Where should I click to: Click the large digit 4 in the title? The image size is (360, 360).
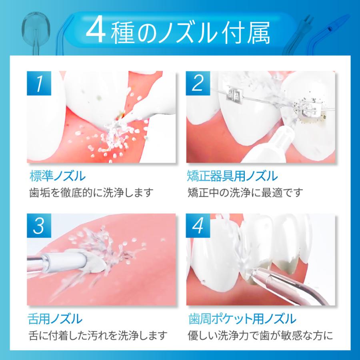pyautogui.click(x=96, y=33)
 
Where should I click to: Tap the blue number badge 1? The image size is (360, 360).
pyautogui.click(x=39, y=83)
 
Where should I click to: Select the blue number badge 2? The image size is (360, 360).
pyautogui.click(x=198, y=83)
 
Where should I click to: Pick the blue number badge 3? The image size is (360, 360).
pyautogui.click(x=39, y=226)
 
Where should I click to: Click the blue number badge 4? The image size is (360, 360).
pyautogui.click(x=198, y=226)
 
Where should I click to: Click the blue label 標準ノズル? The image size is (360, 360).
pyautogui.click(x=58, y=176)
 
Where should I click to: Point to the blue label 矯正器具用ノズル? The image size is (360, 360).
pyautogui.click(x=232, y=176)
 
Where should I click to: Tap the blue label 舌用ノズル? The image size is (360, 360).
pyautogui.click(x=55, y=319)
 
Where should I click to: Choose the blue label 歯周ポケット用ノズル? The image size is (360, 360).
pyautogui.click(x=242, y=319)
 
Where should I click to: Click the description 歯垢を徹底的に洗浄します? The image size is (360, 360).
pyautogui.click(x=91, y=193)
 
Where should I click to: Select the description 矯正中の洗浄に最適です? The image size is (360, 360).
pyautogui.click(x=245, y=193)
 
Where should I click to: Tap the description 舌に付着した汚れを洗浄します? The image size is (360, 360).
pyautogui.click(x=98, y=336)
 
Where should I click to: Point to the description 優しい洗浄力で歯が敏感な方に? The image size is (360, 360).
pyautogui.click(x=260, y=336)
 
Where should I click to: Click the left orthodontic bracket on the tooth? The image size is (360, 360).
pyautogui.click(x=234, y=94)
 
